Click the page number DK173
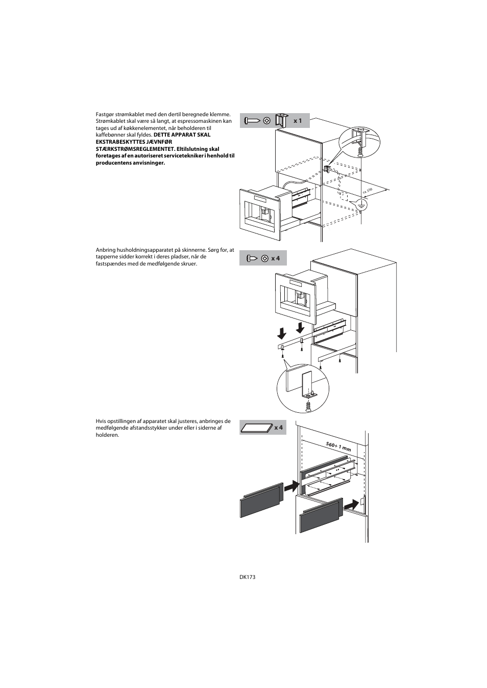point(247,577)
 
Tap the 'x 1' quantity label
point(298,121)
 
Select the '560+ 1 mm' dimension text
point(338,446)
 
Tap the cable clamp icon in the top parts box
point(281,120)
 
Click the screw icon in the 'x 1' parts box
point(252,121)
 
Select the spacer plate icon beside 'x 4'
point(256,428)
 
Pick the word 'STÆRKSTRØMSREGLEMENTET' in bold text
point(134,149)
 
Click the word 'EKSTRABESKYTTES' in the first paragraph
point(118,142)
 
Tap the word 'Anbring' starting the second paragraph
point(105,250)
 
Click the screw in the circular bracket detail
point(308,406)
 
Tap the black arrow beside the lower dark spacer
point(351,505)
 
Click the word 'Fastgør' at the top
point(105,114)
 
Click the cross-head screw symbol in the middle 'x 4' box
point(265,258)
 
